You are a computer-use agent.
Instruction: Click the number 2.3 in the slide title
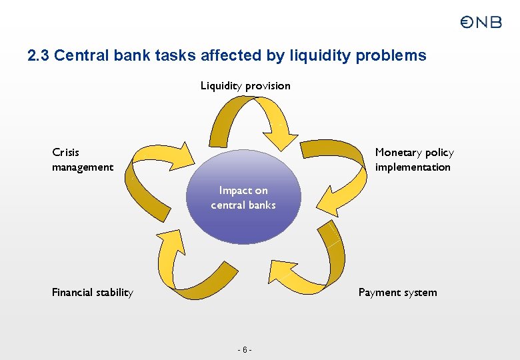[x=39, y=55]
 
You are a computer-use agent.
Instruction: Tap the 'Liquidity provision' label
[x=245, y=85]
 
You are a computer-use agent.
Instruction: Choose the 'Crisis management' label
[x=82, y=160]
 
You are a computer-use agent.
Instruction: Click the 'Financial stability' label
[x=92, y=292]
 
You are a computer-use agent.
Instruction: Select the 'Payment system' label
[x=397, y=292]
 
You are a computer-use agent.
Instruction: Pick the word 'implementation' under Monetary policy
[x=413, y=167]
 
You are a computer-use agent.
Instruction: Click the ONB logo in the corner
[x=481, y=22]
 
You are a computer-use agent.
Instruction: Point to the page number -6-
[x=245, y=350]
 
